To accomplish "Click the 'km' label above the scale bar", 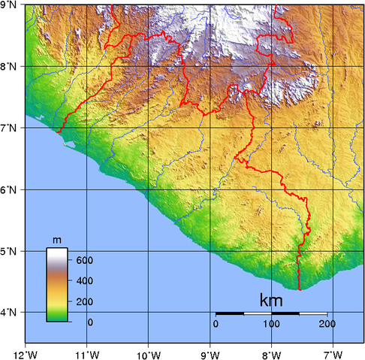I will (x=270, y=300).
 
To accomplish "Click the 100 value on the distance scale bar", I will (x=271, y=324).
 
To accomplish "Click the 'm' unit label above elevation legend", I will (x=56, y=240).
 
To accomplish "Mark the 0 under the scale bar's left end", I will (x=216, y=324).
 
